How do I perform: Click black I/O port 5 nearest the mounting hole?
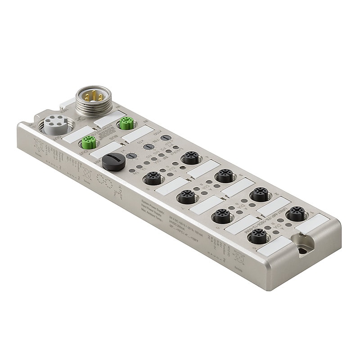(259, 234)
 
